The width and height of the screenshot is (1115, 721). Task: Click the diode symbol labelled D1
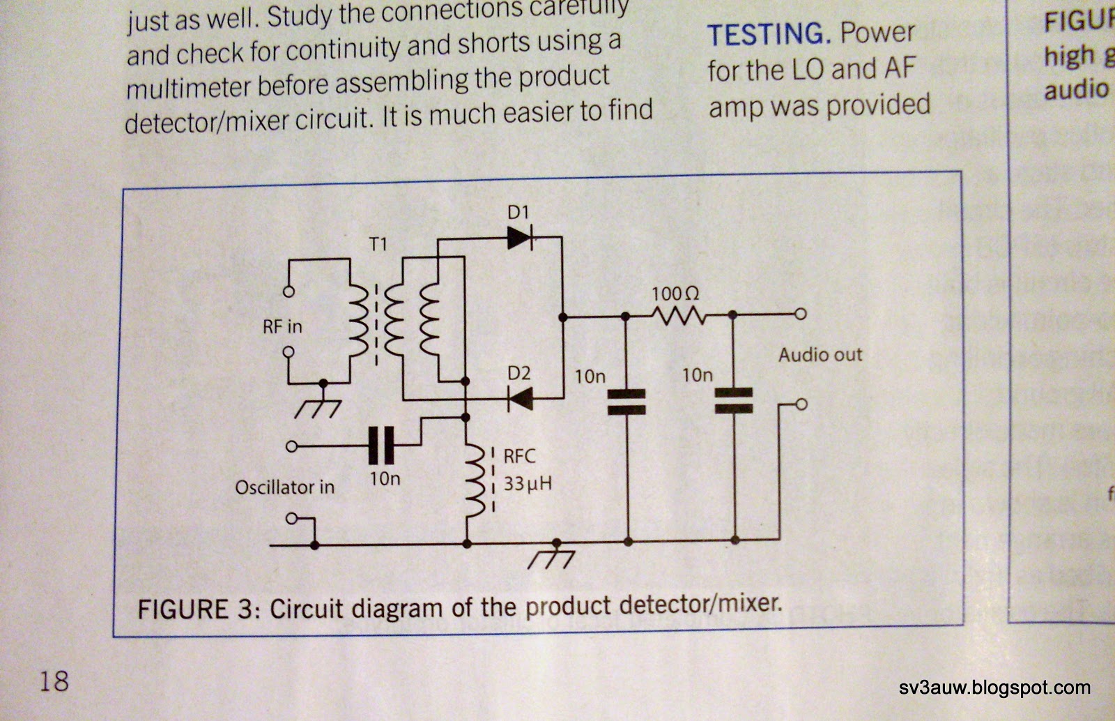(x=520, y=238)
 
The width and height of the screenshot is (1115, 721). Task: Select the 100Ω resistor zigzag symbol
(x=678, y=316)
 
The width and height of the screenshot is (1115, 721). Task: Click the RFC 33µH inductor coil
(x=475, y=481)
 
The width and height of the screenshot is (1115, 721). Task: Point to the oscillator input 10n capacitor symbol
(x=380, y=446)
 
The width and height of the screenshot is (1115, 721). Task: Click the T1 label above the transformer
(x=378, y=244)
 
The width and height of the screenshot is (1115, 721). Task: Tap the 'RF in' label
(x=282, y=326)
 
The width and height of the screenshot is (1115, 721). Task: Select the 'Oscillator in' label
(x=284, y=487)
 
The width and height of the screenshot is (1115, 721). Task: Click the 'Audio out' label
(x=820, y=354)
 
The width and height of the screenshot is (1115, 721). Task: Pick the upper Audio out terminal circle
(x=801, y=314)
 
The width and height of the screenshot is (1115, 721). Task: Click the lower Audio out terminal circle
(x=801, y=404)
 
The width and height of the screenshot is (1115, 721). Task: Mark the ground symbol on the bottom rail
(x=551, y=556)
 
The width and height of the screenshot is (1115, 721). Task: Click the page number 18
(x=54, y=680)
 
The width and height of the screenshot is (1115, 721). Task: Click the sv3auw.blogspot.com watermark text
(x=994, y=688)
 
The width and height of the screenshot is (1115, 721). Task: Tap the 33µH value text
(x=528, y=483)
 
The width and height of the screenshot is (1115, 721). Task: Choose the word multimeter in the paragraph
(x=189, y=87)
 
